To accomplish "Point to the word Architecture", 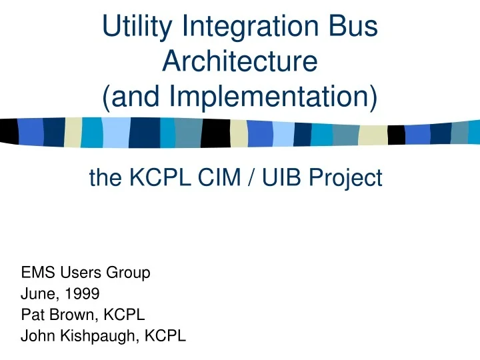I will [x=239, y=62].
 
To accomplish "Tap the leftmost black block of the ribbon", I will [x=9, y=131].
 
